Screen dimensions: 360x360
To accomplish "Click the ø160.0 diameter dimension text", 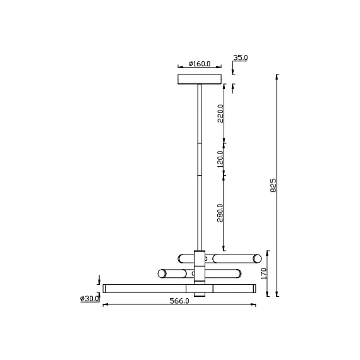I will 199,64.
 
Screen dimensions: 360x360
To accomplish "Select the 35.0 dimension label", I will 241,57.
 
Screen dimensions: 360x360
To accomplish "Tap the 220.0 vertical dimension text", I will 220,114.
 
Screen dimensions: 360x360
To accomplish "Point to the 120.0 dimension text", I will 220,159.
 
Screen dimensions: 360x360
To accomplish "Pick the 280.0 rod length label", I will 220,213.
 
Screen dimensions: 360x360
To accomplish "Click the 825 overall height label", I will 273,185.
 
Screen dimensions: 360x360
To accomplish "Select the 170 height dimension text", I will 265,273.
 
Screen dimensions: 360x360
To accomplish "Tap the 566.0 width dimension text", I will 179,301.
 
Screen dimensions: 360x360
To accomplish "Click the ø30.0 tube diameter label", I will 90,298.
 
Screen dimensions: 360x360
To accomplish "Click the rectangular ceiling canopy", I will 200,79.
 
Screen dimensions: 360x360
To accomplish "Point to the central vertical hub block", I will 200,267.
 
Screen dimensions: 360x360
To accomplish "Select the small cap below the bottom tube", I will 200,296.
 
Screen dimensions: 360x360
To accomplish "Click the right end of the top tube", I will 256,258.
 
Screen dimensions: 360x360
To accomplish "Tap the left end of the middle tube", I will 162,273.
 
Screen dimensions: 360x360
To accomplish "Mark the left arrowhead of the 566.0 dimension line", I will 104,305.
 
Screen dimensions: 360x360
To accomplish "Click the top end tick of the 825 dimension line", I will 277,75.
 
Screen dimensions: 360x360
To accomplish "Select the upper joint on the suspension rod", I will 200,143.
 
